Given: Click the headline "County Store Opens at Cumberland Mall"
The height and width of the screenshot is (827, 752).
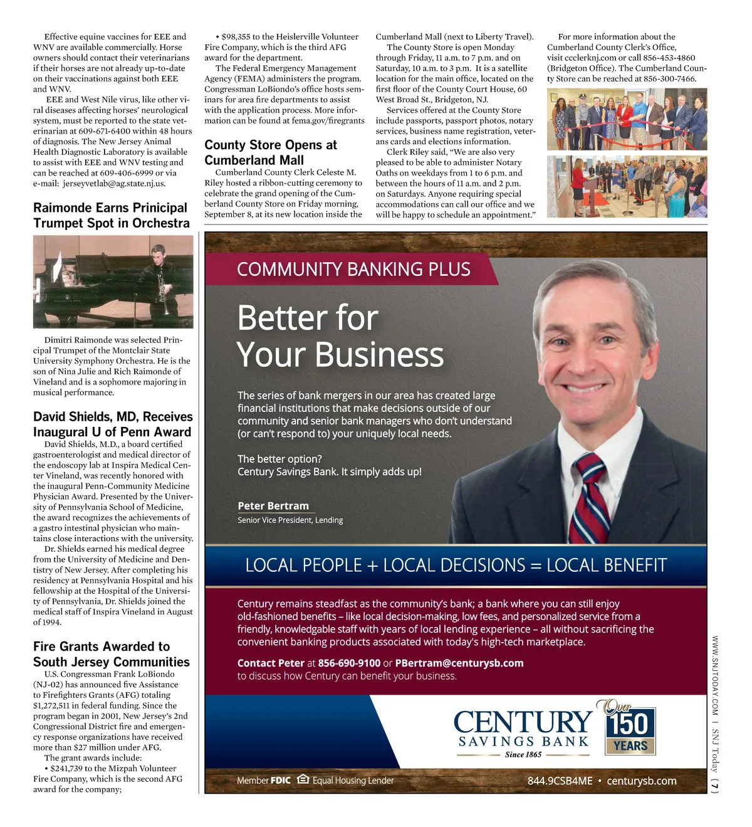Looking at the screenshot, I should coord(271,152).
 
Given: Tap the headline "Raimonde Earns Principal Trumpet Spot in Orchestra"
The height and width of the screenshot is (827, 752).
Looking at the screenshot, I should coord(111,215).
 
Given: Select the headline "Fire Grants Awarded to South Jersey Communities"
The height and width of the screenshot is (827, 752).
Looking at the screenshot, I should coord(111,654).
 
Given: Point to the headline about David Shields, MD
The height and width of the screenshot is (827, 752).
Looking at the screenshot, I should coord(113,424).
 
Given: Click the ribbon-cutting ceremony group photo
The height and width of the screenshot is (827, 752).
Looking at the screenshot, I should coord(627,119).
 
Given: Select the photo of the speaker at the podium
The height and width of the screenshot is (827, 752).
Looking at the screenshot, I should coord(627,186).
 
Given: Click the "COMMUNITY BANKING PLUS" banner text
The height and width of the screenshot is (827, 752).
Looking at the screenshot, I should coord(353,269).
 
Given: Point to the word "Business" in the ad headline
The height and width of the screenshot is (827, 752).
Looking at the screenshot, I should coord(379,355).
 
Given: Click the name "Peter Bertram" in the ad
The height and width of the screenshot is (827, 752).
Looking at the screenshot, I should coord(273,506).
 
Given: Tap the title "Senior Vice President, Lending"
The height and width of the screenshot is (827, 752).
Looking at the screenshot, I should coord(290,520).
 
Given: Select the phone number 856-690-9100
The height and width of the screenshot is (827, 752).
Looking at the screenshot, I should coord(349,663).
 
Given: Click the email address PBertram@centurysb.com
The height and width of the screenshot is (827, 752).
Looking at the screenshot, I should coord(459,663).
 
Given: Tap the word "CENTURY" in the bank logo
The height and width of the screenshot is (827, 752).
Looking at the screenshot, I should coord(523,722).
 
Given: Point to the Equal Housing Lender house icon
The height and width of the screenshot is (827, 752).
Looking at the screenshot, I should coord(303,779).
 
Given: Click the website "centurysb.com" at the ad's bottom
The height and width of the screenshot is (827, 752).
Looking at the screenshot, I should coord(641,781).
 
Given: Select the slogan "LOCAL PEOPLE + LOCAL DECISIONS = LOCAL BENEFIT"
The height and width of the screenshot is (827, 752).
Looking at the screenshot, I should coord(456,565).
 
